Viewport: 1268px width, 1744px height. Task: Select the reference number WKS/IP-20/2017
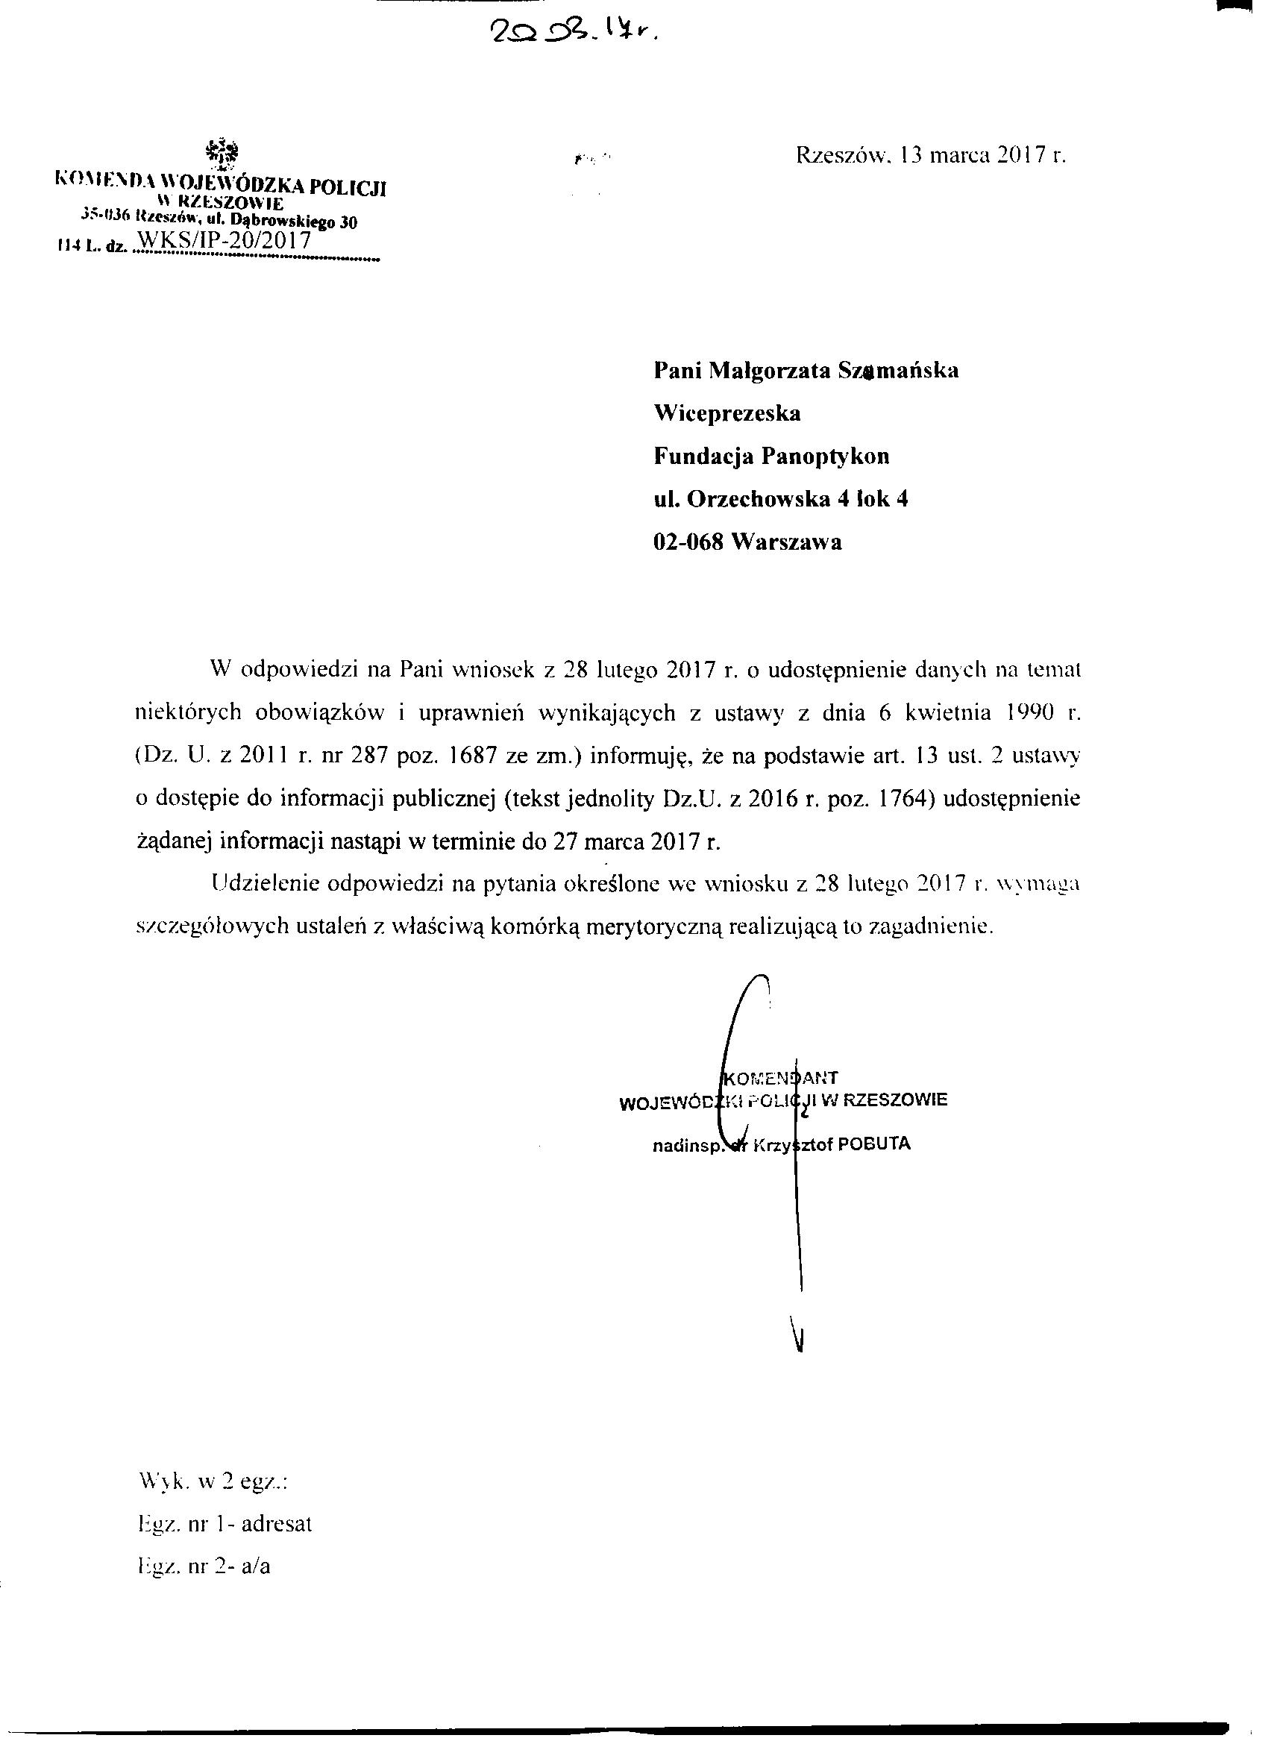pos(222,240)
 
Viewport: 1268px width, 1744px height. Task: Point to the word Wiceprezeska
pos(726,414)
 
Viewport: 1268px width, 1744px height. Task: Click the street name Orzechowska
pos(758,499)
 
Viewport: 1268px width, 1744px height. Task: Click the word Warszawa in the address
pos(787,542)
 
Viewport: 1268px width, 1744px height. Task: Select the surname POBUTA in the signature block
pos(873,1144)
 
